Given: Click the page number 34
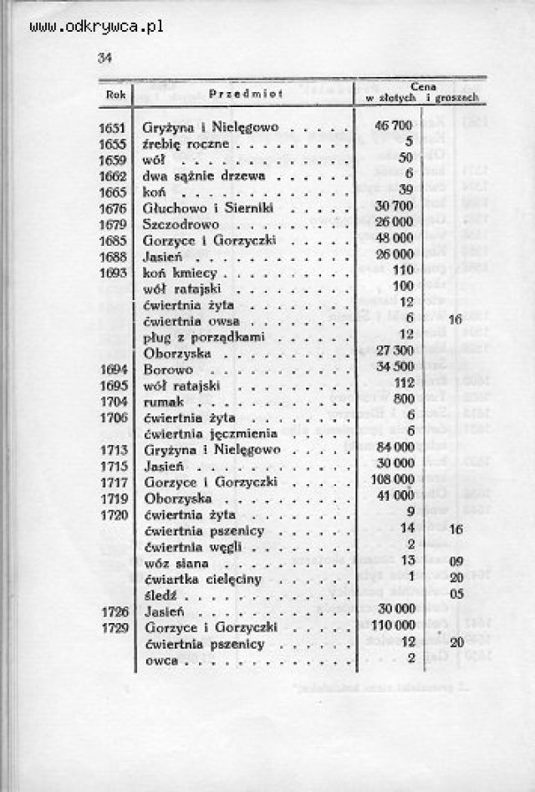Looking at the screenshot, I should [105, 58].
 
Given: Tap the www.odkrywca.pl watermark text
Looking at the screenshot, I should [96, 27].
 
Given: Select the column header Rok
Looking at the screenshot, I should [115, 95].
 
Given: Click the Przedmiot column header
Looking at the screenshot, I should [247, 94].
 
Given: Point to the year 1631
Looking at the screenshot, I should [113, 128].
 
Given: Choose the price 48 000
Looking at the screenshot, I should [395, 240].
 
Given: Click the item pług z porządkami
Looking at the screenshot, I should [204, 336].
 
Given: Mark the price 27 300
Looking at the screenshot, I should [395, 352].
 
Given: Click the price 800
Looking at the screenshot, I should [405, 401].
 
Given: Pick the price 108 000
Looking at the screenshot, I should [392, 481].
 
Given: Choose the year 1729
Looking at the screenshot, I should [113, 626].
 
